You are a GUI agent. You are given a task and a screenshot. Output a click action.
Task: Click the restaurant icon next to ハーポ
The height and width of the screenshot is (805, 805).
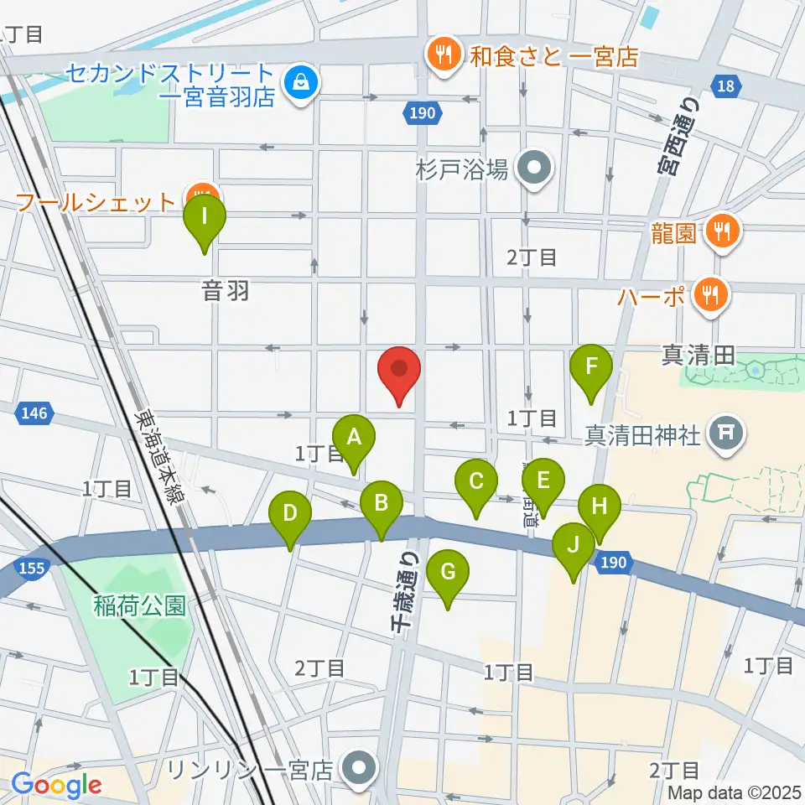(710, 294)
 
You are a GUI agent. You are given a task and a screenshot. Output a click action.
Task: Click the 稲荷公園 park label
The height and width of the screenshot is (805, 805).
(138, 605)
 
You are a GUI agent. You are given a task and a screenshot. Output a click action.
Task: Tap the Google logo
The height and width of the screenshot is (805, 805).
(57, 784)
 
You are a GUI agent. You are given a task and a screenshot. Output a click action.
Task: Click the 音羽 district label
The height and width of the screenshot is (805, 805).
(226, 293)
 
